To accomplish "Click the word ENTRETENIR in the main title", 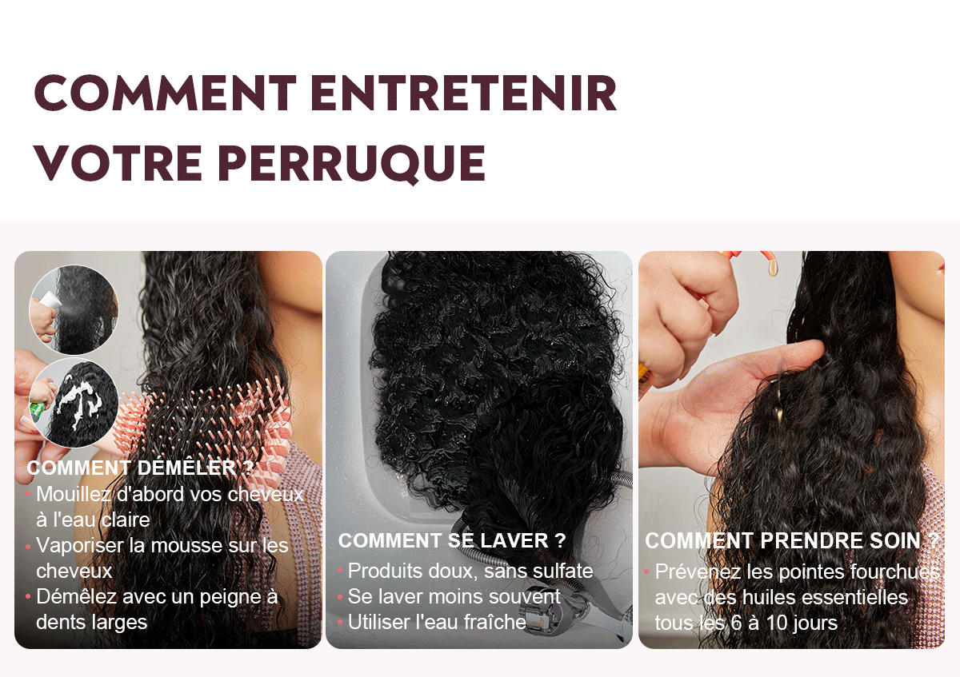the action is (x=464, y=93).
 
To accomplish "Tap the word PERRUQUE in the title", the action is (x=352, y=165).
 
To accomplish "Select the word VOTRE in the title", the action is (x=118, y=163).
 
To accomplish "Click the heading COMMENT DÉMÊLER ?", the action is (x=140, y=468).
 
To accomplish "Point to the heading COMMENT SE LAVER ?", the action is (x=452, y=540).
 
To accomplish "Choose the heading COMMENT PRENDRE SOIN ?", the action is (x=792, y=541).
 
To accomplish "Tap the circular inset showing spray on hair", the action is (x=74, y=309).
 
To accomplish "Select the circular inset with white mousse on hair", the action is (x=74, y=403).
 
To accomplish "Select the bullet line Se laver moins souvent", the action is (x=454, y=596).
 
